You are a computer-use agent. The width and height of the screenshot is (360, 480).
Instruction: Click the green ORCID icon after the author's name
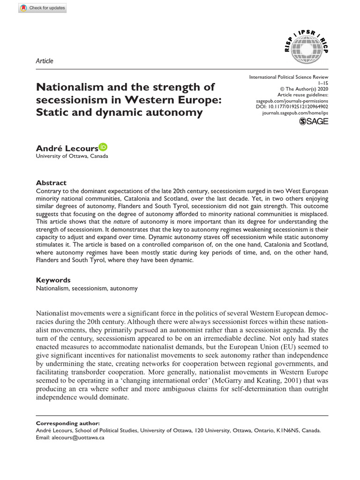point(103,147)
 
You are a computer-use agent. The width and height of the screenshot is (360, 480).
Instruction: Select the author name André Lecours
point(67,148)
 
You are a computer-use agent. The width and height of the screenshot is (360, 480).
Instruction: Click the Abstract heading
point(51,183)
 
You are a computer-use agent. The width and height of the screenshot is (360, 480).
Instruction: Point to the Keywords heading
point(53,279)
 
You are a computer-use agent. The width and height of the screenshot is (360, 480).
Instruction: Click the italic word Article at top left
point(45,61)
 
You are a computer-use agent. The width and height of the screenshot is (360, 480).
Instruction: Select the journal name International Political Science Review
point(288,76)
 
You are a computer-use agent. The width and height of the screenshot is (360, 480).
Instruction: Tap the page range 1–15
point(323,82)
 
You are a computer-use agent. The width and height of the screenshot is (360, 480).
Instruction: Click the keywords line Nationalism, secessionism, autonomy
point(87,288)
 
